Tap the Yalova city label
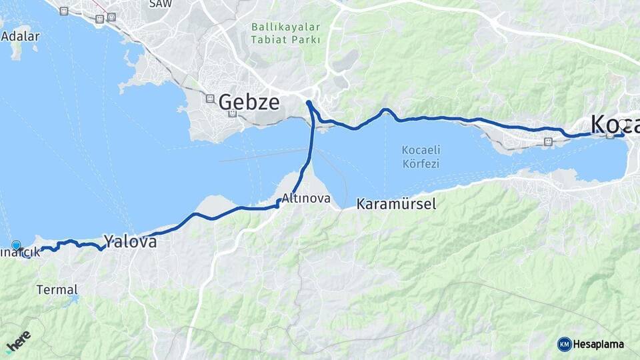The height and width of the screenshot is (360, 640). click(x=130, y=241)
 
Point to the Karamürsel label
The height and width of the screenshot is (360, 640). click(x=396, y=204)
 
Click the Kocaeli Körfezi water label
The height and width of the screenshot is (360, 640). click(x=421, y=156)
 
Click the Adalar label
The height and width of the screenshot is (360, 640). click(x=20, y=37)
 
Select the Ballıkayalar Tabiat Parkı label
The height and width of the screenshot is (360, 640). click(x=285, y=33)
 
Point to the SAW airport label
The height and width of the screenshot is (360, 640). click(x=160, y=4)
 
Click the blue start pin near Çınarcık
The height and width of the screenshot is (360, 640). click(x=16, y=246)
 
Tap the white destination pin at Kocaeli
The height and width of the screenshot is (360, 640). click(x=623, y=125)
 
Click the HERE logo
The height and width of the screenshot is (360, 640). click(x=19, y=341)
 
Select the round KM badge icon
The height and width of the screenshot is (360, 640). click(x=565, y=344)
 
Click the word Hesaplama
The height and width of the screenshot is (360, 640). click(x=599, y=344)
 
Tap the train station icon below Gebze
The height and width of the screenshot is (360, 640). click(x=232, y=114)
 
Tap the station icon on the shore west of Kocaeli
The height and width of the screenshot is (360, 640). click(x=548, y=141)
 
